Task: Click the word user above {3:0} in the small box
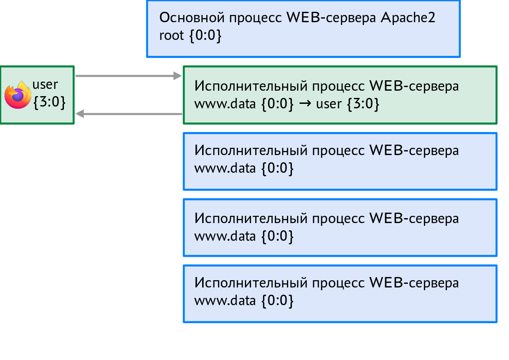pos(45,84)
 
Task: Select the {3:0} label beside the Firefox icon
pos(49,102)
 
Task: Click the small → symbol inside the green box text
pos(305,104)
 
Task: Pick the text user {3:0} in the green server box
pos(347,104)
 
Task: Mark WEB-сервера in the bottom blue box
pos(414,282)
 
